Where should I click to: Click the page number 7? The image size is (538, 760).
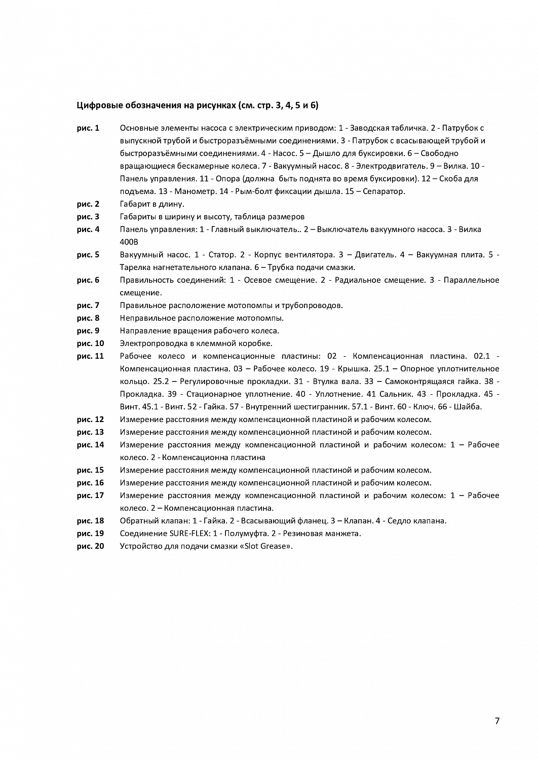point(497,721)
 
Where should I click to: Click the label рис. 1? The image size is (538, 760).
point(88,128)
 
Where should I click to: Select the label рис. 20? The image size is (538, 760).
point(90,546)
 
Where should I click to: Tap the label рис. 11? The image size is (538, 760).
point(90,356)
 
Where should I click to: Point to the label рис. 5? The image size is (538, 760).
point(88,255)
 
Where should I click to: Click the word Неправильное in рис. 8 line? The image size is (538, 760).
point(144,318)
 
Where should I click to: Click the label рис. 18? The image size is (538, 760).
point(90,521)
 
